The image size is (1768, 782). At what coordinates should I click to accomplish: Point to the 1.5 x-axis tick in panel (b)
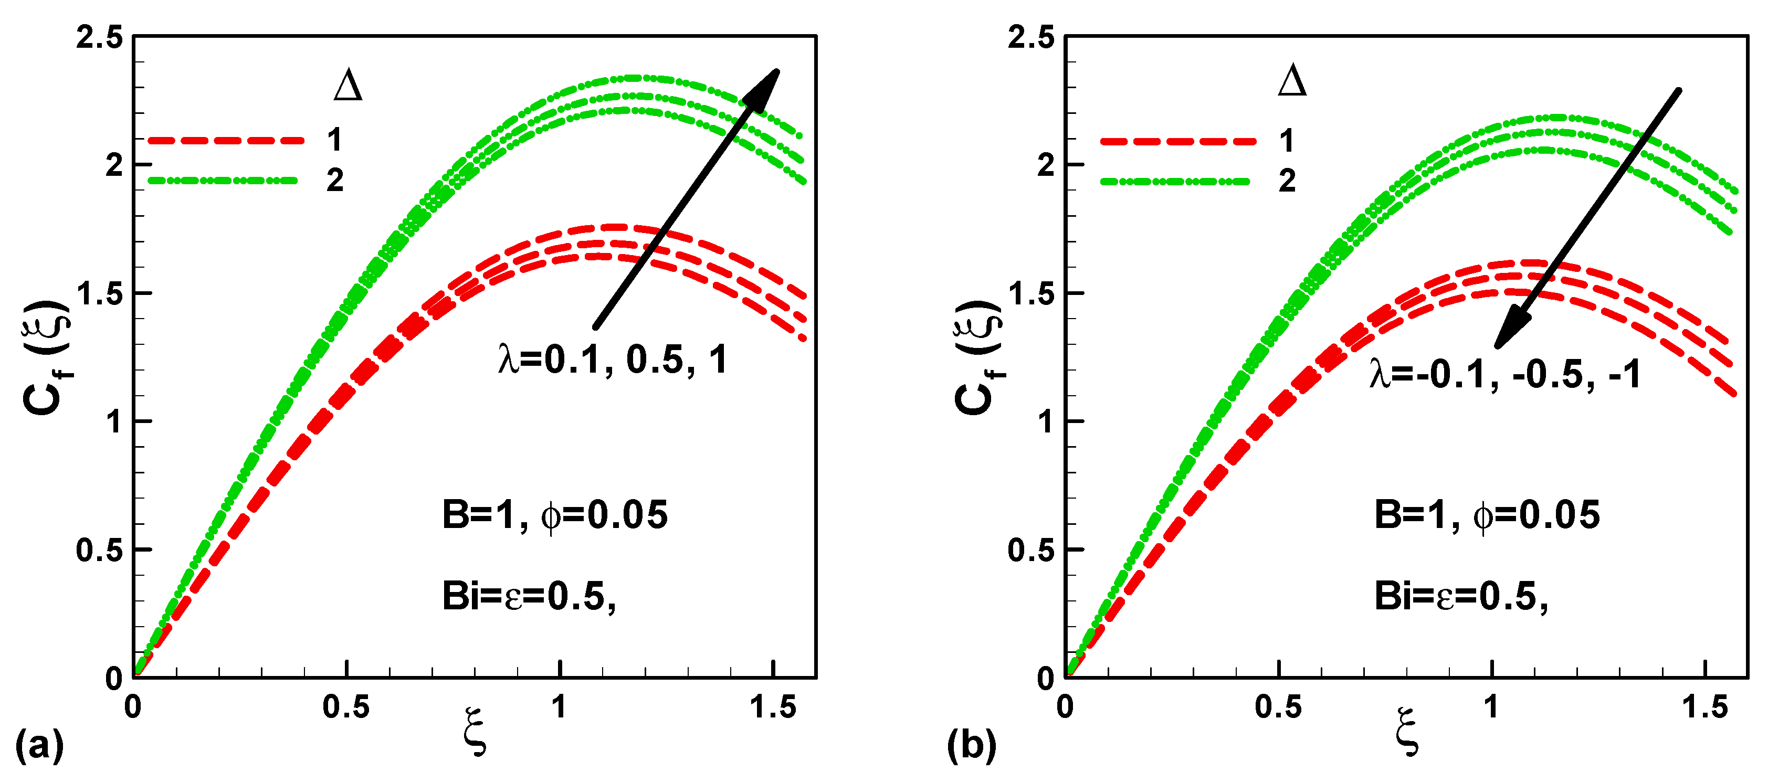click(x=1705, y=706)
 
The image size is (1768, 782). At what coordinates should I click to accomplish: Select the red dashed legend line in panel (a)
click(x=226, y=140)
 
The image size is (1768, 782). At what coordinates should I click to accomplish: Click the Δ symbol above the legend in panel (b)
click(x=1292, y=82)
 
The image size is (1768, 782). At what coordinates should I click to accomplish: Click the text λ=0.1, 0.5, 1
click(x=613, y=360)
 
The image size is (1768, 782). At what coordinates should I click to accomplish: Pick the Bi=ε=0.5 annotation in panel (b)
click(x=1460, y=595)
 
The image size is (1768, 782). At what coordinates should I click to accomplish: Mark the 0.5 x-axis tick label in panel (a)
click(x=346, y=706)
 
